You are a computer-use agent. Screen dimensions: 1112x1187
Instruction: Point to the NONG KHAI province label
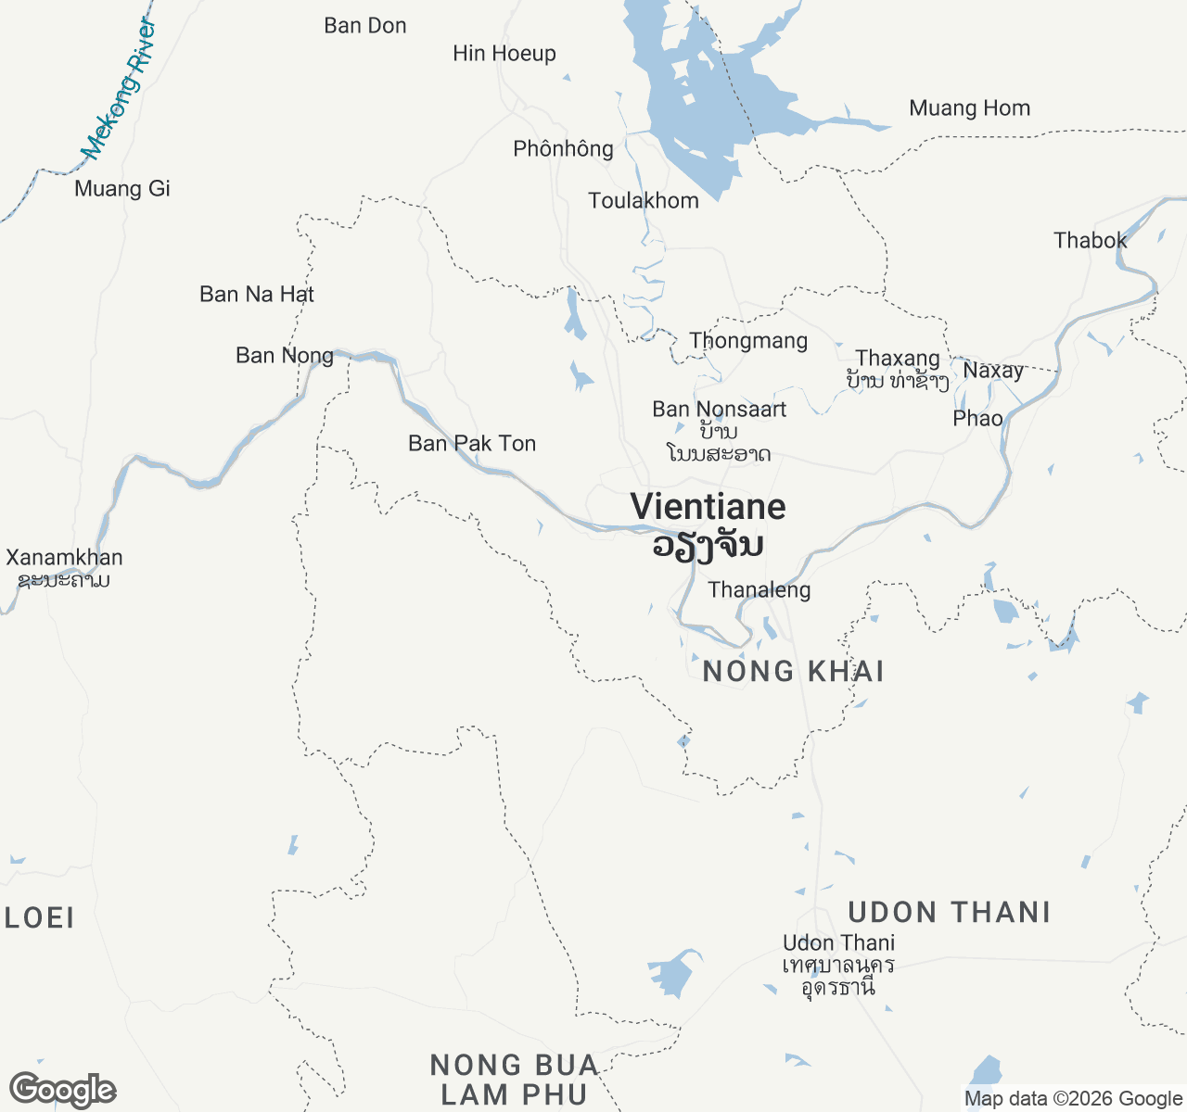coord(793,671)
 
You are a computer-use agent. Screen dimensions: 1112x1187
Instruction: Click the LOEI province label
coord(39,918)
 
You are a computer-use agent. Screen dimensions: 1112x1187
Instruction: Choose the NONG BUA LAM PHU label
coord(514,1080)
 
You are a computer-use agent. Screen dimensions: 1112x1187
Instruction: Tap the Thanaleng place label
coord(759,590)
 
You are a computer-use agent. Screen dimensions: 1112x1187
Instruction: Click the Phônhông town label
coord(563,149)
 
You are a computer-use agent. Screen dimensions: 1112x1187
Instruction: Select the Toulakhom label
coord(643,201)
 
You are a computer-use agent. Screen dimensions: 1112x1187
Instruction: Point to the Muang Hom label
coord(969,108)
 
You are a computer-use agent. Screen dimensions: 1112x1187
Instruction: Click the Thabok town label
coord(1090,241)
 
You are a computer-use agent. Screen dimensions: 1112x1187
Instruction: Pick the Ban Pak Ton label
coord(472,444)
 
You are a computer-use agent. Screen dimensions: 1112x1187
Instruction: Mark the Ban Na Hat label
coord(257,295)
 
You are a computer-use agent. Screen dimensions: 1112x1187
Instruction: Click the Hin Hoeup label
coord(504,54)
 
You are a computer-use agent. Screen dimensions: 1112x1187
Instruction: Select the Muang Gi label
coord(122,189)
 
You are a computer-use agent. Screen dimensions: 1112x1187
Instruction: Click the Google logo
coord(62,1091)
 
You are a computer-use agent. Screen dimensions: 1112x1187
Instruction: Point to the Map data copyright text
coord(1073,1099)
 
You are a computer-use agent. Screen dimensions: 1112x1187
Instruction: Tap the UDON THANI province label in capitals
coord(950,913)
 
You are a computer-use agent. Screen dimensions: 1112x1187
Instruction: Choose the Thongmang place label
coord(748,341)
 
